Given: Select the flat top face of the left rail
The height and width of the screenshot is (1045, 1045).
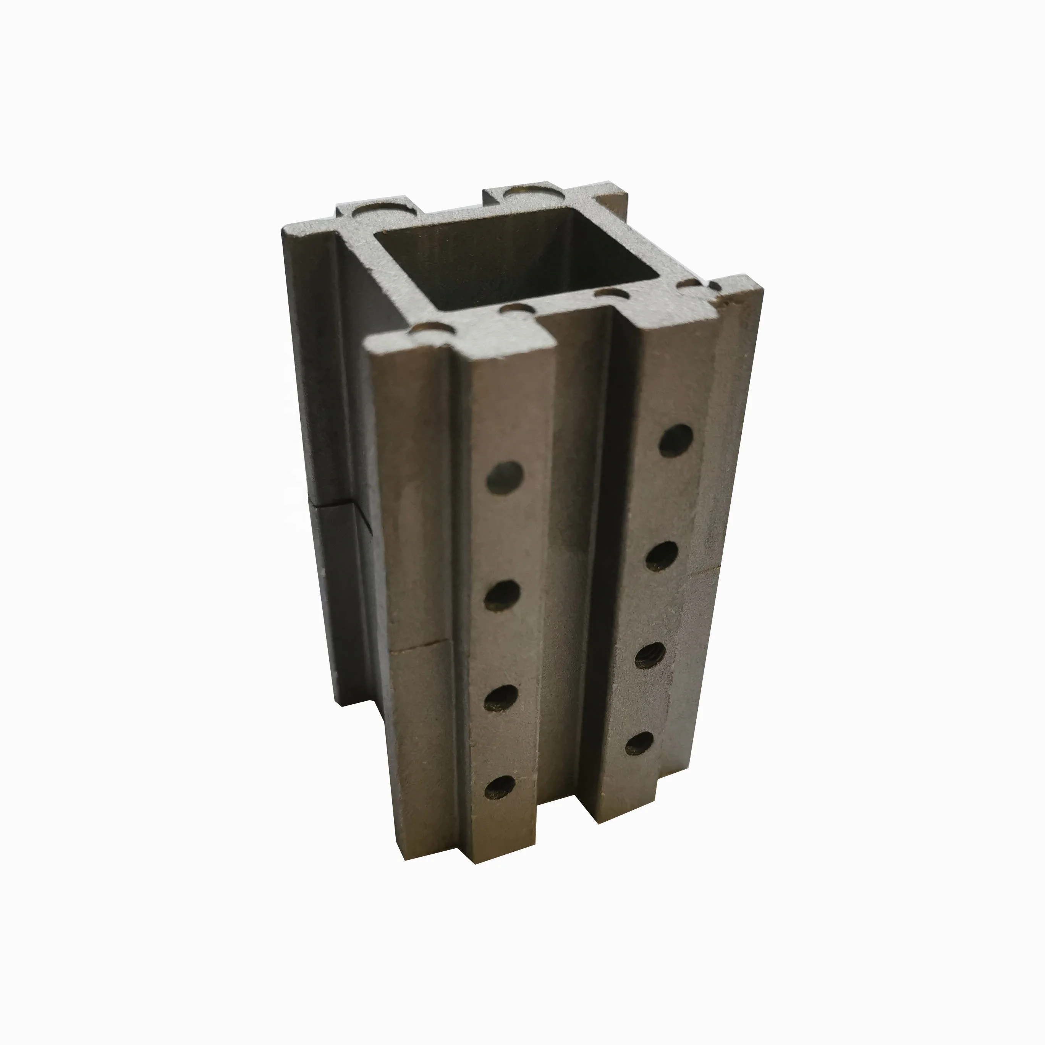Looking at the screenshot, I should pyautogui.click(x=460, y=341).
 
